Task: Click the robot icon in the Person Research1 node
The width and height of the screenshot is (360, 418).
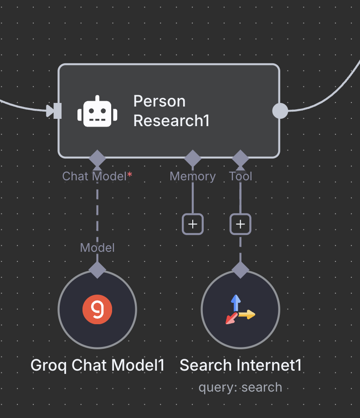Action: (98, 111)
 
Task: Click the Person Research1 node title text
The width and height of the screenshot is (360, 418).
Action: (171, 111)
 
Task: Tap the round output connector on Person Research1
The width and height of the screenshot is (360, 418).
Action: (280, 111)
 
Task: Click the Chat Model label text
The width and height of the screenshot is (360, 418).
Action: (94, 176)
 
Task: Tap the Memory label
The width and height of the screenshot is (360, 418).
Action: (193, 176)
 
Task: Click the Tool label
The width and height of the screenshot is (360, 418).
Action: (241, 176)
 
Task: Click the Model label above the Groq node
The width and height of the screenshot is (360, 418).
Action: (97, 247)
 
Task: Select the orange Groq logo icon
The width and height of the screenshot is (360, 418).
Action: (97, 310)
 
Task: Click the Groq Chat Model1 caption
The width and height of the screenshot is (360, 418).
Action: (97, 365)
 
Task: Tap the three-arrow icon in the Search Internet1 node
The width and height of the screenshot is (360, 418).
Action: (240, 310)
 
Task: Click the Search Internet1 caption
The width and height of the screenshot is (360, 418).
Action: (241, 365)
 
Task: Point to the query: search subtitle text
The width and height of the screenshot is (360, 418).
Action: (240, 387)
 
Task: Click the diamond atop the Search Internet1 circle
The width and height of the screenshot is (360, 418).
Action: (240, 270)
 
